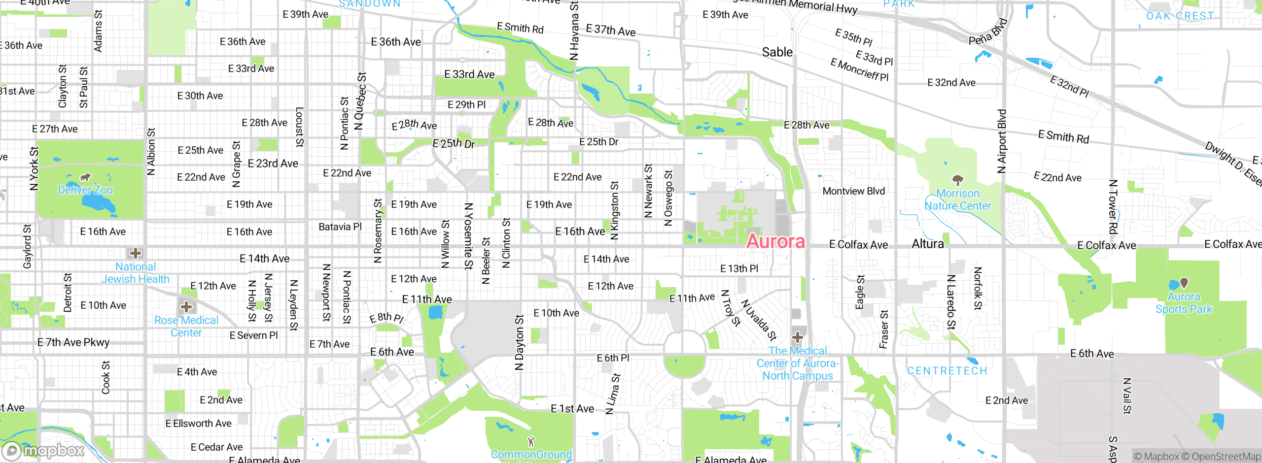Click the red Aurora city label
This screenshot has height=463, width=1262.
[775, 241]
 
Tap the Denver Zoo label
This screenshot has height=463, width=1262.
[85, 190]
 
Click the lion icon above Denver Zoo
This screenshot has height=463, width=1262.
[85, 177]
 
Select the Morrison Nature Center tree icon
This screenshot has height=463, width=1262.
[957, 180]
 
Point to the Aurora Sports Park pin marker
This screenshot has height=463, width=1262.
[1184, 283]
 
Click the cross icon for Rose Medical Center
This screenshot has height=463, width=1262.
[186, 307]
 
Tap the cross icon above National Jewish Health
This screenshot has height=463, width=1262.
[136, 253]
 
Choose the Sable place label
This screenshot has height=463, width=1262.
[777, 52]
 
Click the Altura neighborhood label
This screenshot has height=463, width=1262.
[928, 244]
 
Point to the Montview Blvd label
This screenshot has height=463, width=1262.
[853, 191]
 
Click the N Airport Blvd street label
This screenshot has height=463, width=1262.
[1001, 141]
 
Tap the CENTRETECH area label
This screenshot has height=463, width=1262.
[947, 371]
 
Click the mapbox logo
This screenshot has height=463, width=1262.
[43, 450]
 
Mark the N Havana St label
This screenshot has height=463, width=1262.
[574, 31]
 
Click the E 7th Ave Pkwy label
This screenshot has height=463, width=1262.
[73, 342]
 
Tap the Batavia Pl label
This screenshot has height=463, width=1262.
[340, 227]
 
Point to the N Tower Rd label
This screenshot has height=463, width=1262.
[1113, 207]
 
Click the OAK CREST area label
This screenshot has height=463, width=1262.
[1180, 16]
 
